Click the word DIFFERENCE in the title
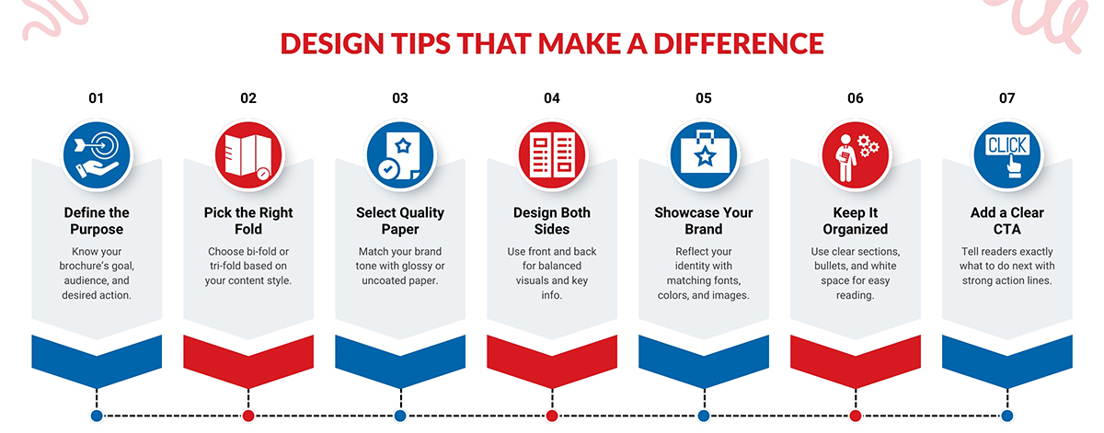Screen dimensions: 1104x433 [739, 43]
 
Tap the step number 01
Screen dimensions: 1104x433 [96, 98]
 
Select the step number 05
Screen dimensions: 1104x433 [704, 98]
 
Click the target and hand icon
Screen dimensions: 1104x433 [98, 155]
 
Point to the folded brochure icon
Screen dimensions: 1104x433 [248, 155]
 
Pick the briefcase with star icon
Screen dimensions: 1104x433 [704, 155]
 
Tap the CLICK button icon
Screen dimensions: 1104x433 [1006, 155]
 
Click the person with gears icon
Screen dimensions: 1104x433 [856, 155]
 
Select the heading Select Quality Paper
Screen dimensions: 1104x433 [400, 221]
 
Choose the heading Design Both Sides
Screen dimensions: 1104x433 [552, 221]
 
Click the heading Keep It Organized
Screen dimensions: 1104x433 [856, 221]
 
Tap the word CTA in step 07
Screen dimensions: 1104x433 [1006, 229]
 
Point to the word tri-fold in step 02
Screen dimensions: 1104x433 [225, 266]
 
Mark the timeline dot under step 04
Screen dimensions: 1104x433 [552, 416]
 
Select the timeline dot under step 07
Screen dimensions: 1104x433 [1006, 416]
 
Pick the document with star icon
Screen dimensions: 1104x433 [400, 155]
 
